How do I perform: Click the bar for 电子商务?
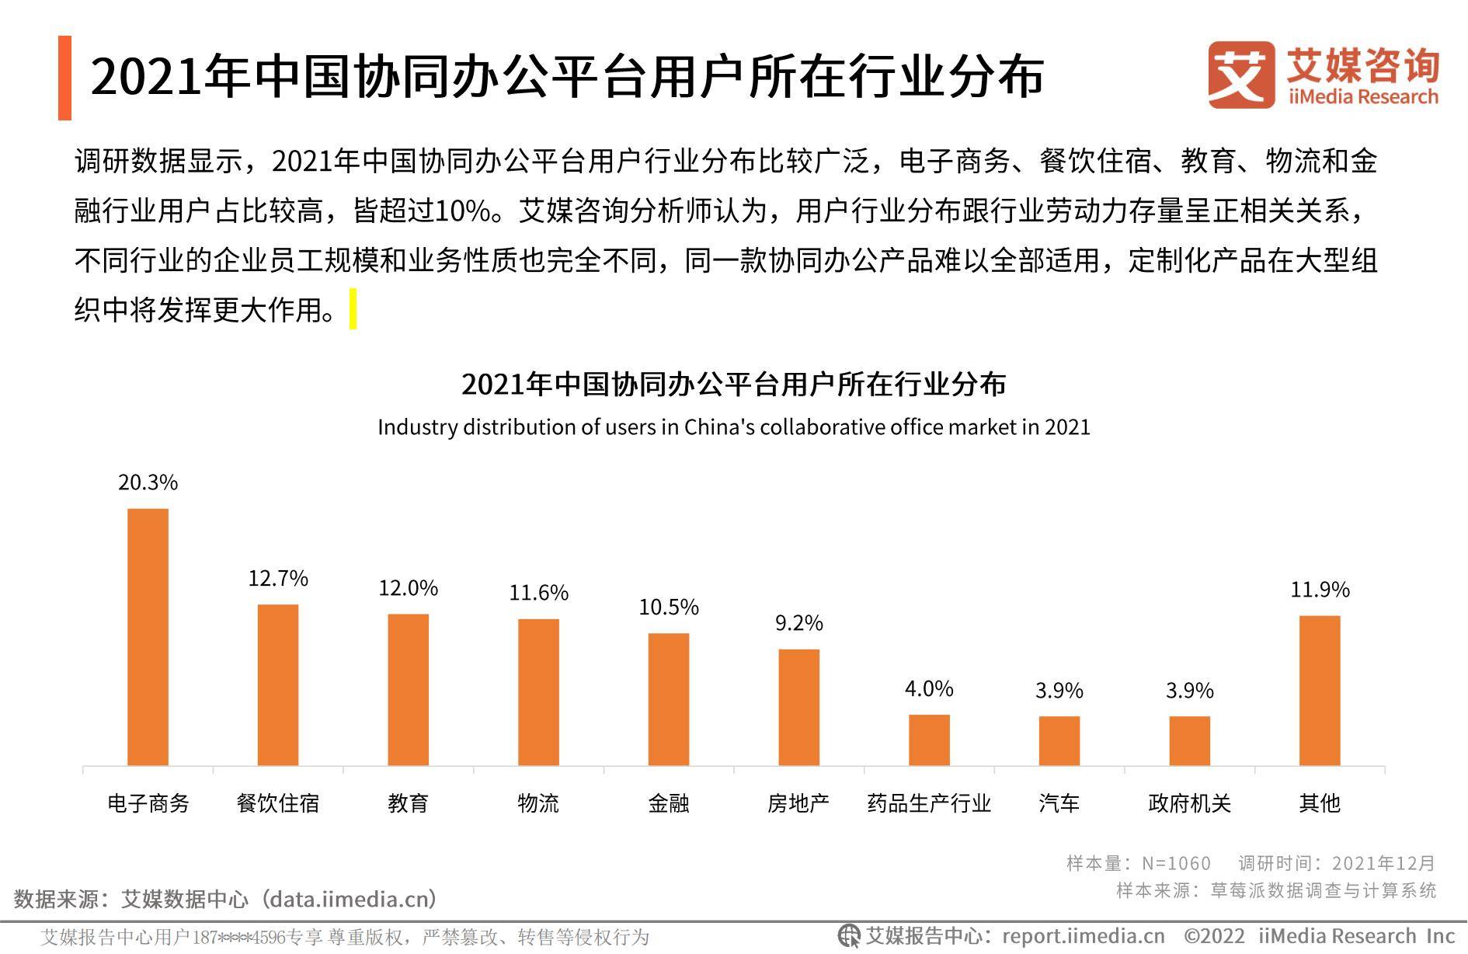tap(148, 637)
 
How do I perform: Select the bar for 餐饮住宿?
tap(278, 684)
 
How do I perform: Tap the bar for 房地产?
tap(798, 707)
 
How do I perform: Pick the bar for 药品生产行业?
tap(929, 740)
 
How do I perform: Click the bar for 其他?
tap(1320, 690)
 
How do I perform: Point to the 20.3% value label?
tap(148, 482)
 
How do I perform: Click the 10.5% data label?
tap(669, 607)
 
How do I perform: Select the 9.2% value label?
tap(798, 622)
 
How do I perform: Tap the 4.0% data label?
tap(929, 688)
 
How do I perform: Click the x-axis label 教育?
tap(408, 803)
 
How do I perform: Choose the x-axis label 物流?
tap(538, 803)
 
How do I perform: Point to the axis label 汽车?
tap(1059, 803)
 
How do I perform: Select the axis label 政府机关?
tap(1189, 803)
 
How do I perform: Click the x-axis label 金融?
tap(669, 803)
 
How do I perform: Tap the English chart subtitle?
tap(733, 427)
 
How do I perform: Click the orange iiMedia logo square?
tap(1241, 75)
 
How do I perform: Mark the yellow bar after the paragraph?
tap(353, 309)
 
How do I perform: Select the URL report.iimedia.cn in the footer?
tap(1084, 936)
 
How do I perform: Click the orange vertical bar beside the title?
tap(64, 78)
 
